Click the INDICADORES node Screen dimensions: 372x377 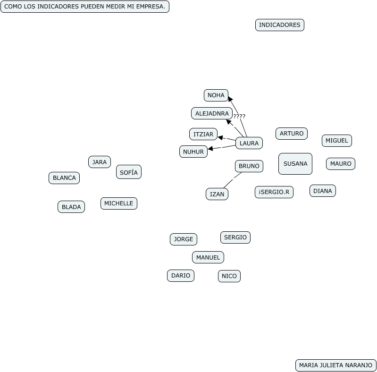(279, 25)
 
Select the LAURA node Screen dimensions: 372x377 (249, 143)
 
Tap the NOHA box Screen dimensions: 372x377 (216, 95)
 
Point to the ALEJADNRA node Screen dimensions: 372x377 (212, 113)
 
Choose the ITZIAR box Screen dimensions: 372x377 (203, 134)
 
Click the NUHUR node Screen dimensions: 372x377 (193, 152)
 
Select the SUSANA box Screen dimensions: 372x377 (295, 164)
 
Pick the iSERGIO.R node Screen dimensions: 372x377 (274, 192)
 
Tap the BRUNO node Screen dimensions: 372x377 (249, 166)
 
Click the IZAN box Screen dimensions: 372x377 (217, 194)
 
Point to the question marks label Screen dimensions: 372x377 (239, 116)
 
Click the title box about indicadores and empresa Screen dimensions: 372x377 (84, 7)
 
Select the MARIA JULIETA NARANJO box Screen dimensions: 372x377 (335, 365)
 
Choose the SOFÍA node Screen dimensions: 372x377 (128, 172)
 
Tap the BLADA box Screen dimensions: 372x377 (71, 207)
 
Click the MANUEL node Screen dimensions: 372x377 (208, 257)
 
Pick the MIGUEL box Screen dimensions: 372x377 (336, 141)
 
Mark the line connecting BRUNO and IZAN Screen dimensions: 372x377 (232, 180)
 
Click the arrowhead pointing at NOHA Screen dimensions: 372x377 (230, 99)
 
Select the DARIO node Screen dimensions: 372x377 (180, 276)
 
